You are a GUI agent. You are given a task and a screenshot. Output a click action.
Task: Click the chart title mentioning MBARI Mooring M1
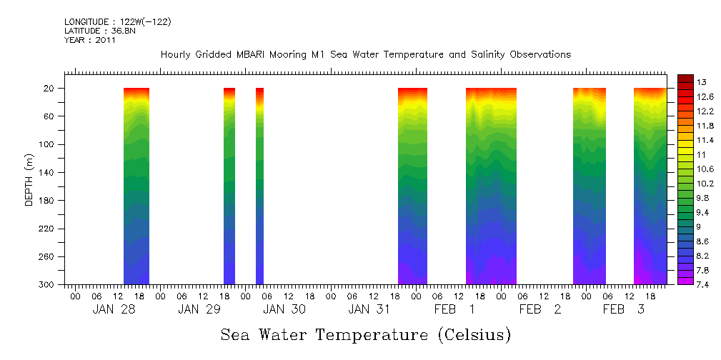pyautogui.click(x=365, y=55)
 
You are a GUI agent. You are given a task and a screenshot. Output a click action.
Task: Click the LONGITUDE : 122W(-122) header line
pyautogui.click(x=117, y=22)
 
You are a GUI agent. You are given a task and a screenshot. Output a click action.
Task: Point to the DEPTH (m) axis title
pyautogui.click(x=29, y=179)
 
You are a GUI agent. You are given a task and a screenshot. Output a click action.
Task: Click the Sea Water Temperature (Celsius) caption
pyautogui.click(x=365, y=334)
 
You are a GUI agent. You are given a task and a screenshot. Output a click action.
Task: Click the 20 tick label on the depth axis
pyautogui.click(x=49, y=89)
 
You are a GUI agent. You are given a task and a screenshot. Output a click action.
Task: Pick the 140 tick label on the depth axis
pyautogui.click(x=47, y=173)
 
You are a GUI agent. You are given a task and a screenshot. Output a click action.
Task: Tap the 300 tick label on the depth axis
pyautogui.click(x=47, y=285)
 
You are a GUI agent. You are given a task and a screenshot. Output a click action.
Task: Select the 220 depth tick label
pyautogui.click(x=47, y=229)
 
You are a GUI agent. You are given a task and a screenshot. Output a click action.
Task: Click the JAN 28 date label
pyautogui.click(x=114, y=309)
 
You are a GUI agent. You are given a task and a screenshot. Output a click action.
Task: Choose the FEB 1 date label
pyautogui.click(x=454, y=309)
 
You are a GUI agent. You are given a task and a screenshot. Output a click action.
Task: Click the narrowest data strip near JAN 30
pyautogui.click(x=259, y=186)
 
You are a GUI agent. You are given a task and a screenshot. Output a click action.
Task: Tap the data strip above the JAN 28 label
pyautogui.click(x=136, y=186)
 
